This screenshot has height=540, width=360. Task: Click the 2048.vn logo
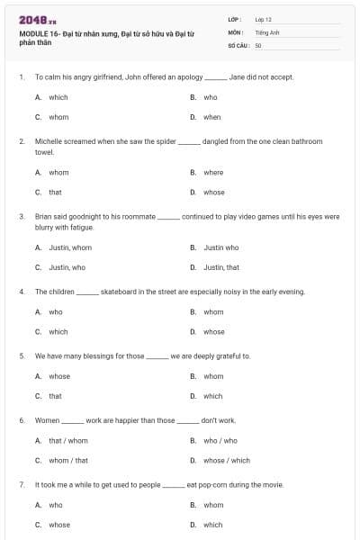click(x=38, y=20)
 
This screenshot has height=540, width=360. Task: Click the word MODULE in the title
click(x=33, y=32)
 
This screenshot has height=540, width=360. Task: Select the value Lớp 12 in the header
click(x=263, y=19)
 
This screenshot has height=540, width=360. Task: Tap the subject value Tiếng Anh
click(x=266, y=31)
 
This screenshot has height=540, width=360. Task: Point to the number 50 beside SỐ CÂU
click(x=258, y=44)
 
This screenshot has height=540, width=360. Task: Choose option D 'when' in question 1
click(x=211, y=117)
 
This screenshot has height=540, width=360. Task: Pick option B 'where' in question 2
click(x=213, y=173)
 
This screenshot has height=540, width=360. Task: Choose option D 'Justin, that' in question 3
click(x=221, y=267)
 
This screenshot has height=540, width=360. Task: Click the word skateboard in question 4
click(x=122, y=292)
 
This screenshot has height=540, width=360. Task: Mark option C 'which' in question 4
click(x=58, y=331)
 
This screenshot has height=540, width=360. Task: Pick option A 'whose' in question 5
click(x=59, y=376)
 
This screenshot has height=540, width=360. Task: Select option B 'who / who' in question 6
click(x=220, y=441)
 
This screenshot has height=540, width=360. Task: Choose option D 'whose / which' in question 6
click(x=227, y=461)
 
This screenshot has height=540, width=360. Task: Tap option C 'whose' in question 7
click(x=59, y=525)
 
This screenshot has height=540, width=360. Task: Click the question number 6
click(x=21, y=420)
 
